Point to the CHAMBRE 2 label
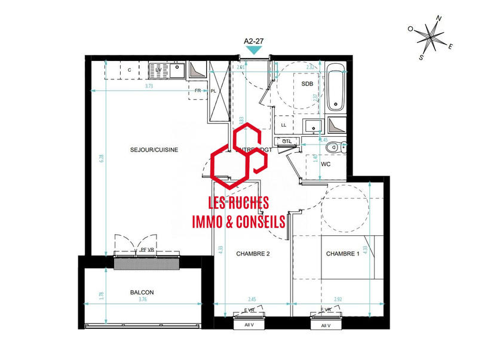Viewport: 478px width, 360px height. pyautogui.click(x=253, y=254)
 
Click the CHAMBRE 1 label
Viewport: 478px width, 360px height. pyautogui.click(x=342, y=254)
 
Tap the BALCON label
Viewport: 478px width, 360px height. pyautogui.click(x=142, y=293)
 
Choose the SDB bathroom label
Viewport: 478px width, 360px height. pyautogui.click(x=307, y=84)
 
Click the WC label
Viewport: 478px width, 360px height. pyautogui.click(x=326, y=164)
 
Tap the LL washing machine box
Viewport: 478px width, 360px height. pyautogui.click(x=284, y=125)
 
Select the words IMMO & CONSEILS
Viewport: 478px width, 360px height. pyautogui.click(x=238, y=221)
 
